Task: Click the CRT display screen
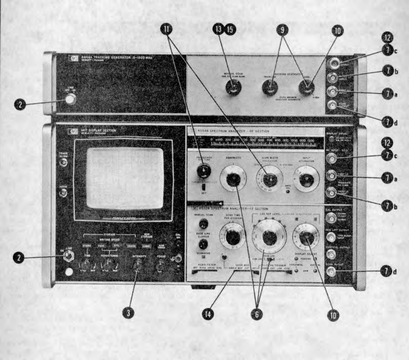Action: click(x=125, y=178)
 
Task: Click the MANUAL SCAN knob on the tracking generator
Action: click(x=232, y=88)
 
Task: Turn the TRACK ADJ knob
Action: click(x=270, y=88)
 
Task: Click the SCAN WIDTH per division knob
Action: click(x=270, y=180)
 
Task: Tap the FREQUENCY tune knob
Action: click(x=203, y=170)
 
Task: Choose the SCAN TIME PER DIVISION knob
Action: click(x=233, y=237)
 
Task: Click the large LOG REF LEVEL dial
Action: click(x=269, y=237)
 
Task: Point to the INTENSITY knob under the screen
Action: click(x=136, y=274)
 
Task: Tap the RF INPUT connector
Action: click(x=332, y=158)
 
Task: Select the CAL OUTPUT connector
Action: click(x=331, y=218)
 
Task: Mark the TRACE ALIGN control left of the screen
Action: click(x=63, y=163)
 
